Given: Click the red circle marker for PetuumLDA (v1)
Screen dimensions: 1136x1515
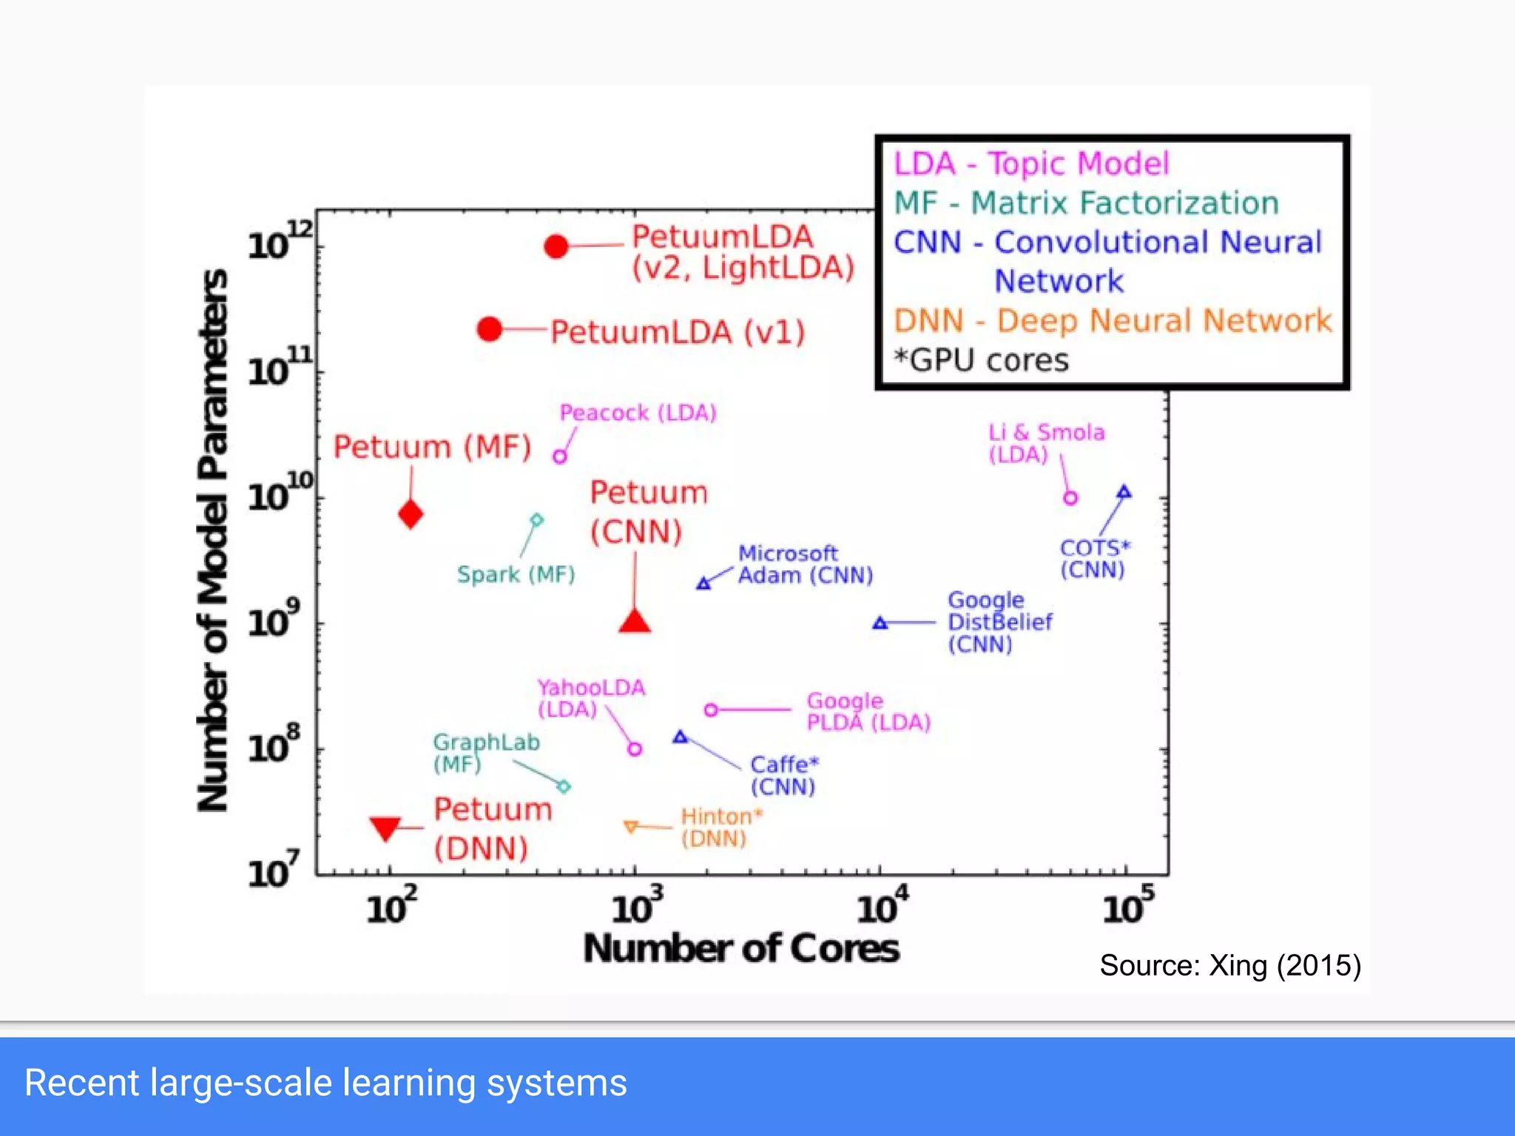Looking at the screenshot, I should point(490,329).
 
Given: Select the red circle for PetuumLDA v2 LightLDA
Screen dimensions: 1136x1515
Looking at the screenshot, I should point(556,246).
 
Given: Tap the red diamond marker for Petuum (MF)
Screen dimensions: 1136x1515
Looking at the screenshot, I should point(411,514).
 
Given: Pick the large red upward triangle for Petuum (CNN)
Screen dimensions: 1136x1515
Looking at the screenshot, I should point(635,622).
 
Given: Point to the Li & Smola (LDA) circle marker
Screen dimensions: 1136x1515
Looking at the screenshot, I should point(1070,498).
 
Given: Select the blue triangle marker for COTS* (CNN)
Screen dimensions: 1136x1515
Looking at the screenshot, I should point(1124,492).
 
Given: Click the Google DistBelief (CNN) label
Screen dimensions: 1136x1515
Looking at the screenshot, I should point(999,622).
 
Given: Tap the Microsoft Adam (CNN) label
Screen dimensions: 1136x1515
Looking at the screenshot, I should point(805,564).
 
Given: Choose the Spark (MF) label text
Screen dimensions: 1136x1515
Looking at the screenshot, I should point(516,575).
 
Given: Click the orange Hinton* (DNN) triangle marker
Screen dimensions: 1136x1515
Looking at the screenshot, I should point(631,826).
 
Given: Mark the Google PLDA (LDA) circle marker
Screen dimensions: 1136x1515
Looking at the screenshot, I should point(711,710).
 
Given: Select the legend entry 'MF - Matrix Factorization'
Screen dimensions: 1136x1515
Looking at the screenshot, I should point(1086,203).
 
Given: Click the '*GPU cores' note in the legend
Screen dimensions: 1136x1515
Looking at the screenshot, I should point(981,360).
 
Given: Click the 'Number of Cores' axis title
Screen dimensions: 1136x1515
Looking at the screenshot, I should point(741,948).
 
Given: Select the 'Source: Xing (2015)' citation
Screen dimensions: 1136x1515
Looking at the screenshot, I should point(1229,965).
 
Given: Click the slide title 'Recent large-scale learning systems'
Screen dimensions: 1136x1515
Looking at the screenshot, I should point(325,1083).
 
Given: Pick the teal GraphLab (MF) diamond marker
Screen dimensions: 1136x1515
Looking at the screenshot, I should point(564,786).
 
